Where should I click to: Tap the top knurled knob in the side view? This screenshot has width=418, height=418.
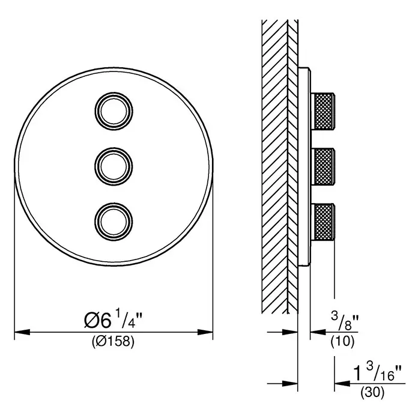click(x=324, y=111)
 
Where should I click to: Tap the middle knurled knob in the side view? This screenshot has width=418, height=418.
click(x=324, y=166)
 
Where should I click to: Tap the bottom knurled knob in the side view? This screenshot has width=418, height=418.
click(x=324, y=222)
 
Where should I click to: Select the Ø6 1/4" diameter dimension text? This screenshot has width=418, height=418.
click(x=114, y=320)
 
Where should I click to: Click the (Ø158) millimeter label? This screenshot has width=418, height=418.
click(x=113, y=341)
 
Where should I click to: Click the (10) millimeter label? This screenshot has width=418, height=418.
click(x=342, y=341)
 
